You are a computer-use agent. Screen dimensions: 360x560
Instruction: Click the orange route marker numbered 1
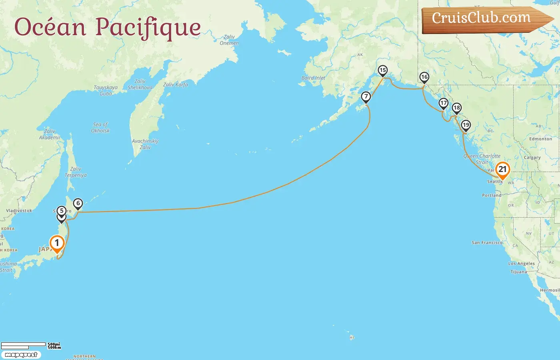click(x=57, y=243)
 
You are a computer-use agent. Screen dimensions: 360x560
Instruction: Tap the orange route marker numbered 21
click(x=502, y=169)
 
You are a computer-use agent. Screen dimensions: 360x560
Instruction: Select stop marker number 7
click(x=366, y=97)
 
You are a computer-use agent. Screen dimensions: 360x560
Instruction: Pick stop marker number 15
click(x=383, y=71)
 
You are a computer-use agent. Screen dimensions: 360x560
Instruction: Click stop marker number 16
click(x=424, y=77)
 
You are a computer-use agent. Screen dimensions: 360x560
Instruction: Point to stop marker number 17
click(x=443, y=103)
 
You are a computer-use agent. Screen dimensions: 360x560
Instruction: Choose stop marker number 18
click(x=456, y=108)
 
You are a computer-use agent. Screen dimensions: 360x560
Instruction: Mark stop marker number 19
click(x=466, y=125)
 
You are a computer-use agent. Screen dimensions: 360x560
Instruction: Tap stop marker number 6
click(x=78, y=204)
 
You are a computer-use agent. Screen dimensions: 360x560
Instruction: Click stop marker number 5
click(x=61, y=211)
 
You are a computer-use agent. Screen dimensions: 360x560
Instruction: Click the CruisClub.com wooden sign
click(x=484, y=19)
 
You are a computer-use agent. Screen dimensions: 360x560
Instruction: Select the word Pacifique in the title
click(x=148, y=27)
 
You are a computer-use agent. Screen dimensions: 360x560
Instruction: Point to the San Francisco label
click(x=487, y=243)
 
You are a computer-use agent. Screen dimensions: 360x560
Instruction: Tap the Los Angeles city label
click(x=521, y=264)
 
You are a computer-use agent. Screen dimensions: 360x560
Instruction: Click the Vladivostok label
click(x=19, y=210)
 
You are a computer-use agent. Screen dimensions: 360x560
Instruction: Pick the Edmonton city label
click(x=540, y=139)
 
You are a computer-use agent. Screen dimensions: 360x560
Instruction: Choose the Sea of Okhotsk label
click(x=100, y=128)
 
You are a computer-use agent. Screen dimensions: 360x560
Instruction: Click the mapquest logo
click(x=21, y=355)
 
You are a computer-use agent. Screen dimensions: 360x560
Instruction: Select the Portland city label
click(x=491, y=196)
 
